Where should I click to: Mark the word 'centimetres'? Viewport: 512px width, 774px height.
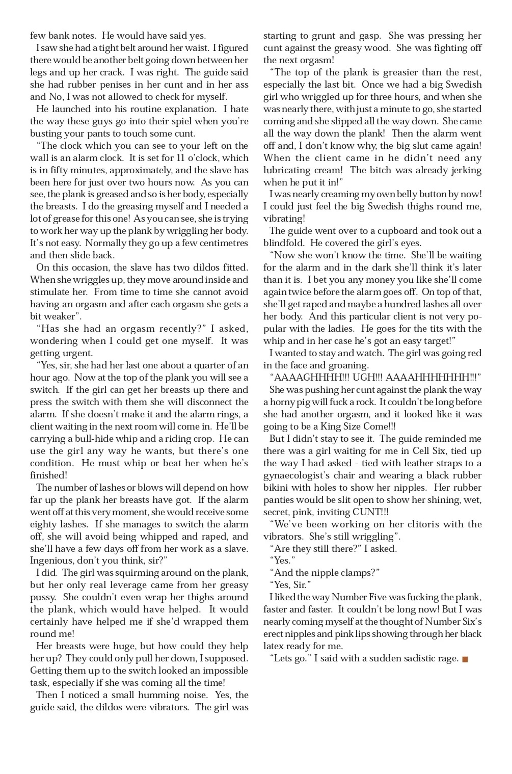coord(222,243)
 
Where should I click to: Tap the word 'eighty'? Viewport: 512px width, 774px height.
coord(45,524)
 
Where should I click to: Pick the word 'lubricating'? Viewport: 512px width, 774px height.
coord(287,170)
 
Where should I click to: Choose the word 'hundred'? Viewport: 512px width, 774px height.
coord(407,304)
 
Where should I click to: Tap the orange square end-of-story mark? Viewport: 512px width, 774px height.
coord(465,659)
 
